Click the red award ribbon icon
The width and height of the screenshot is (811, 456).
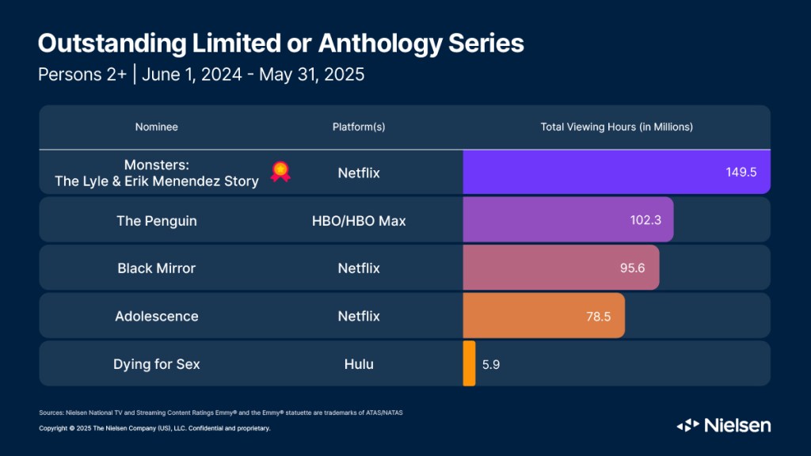[280, 172]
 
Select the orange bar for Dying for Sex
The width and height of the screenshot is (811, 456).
[469, 363]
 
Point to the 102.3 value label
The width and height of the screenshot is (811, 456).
[646, 221]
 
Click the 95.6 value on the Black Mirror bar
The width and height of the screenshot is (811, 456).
[632, 268]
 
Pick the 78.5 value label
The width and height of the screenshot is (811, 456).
[598, 316]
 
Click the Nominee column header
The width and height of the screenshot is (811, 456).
[156, 127]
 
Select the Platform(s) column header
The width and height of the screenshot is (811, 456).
[359, 127]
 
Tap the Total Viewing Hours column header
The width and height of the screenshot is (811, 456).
[616, 127]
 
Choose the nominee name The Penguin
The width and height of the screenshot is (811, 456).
[156, 221]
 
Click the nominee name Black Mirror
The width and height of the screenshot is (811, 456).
[156, 268]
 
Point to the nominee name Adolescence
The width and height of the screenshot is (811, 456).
[156, 316]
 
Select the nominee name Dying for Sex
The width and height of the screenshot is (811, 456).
[156, 364]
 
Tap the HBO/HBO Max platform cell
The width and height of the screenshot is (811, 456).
[359, 221]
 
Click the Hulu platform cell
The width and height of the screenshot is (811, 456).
[359, 364]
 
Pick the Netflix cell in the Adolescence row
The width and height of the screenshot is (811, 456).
[359, 316]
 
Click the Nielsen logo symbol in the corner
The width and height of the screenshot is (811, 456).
[687, 425]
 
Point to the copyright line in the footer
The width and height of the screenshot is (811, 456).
[154, 428]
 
